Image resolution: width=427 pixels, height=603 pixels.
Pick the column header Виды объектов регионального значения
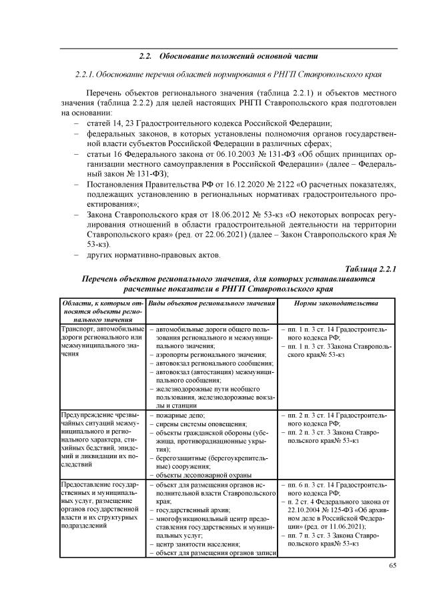point(211,303)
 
